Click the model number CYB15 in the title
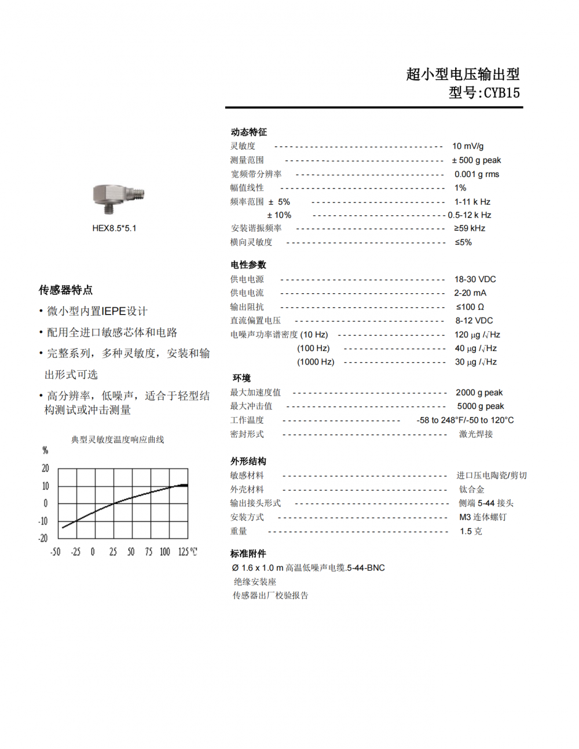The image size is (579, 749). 501,93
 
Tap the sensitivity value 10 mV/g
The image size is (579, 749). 468,146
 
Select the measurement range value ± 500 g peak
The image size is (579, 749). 477,160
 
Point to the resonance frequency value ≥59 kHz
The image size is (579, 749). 470,228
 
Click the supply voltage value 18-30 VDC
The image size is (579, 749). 475,279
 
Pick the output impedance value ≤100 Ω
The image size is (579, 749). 470,307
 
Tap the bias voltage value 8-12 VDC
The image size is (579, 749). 474,320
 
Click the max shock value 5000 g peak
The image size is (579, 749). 480,406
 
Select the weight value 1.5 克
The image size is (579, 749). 471,531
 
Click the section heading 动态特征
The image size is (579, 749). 248,132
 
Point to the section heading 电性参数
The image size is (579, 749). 248,265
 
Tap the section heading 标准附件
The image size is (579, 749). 248,554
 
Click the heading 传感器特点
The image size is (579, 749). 65,290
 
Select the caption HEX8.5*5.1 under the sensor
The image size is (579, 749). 114,228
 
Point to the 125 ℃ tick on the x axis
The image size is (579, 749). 187,552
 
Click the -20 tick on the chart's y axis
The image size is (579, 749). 43,538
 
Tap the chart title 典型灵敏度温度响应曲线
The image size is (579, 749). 118,440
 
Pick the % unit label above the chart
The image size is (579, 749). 45,451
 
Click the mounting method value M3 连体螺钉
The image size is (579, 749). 482,517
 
